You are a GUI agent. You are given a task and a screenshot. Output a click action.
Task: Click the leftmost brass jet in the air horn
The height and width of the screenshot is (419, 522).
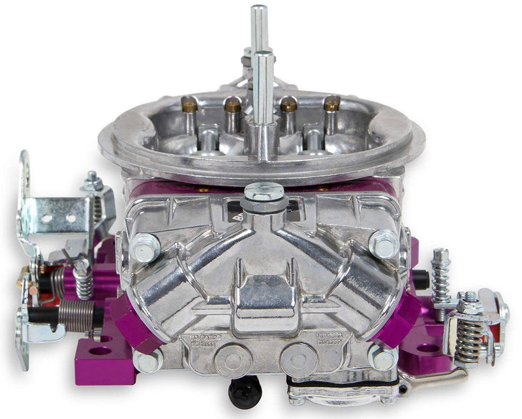pyautogui.click(x=189, y=104)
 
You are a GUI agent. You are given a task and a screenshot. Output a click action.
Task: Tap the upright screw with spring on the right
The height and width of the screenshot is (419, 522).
pyautogui.click(x=440, y=274)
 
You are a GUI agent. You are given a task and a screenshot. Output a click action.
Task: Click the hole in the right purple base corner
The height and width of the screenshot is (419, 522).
pyautogui.click(x=428, y=348)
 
